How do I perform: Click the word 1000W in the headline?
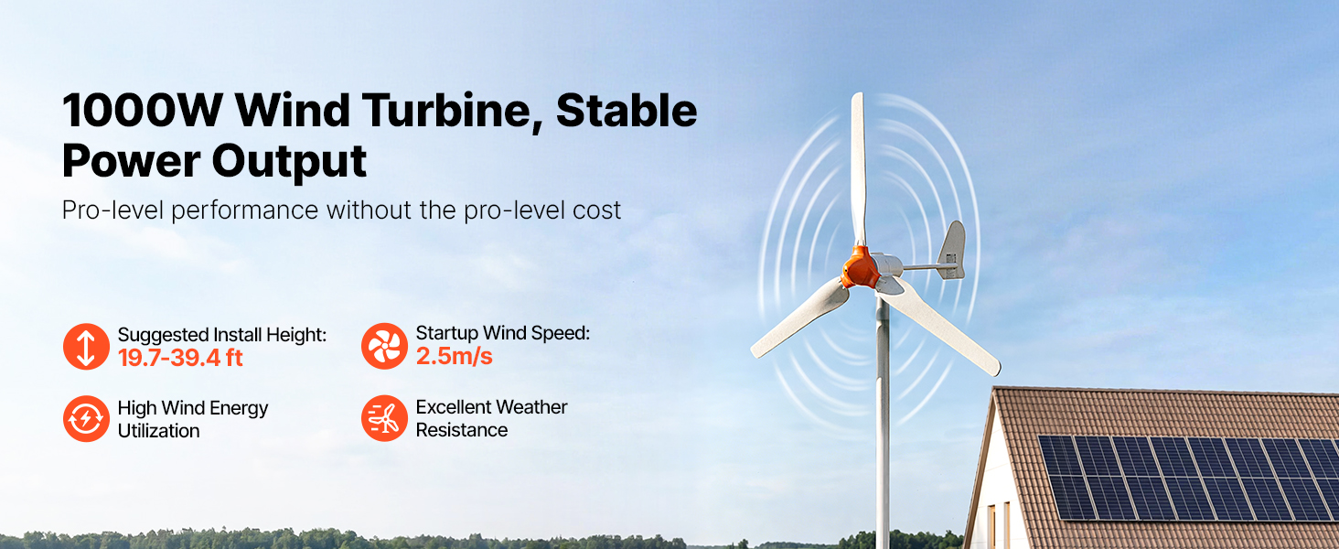click(143, 111)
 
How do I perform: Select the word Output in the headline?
click(289, 161)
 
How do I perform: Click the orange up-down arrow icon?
click(86, 346)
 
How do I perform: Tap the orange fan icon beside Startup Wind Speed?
click(384, 346)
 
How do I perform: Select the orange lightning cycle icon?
click(86, 419)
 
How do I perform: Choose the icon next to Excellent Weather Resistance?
click(384, 418)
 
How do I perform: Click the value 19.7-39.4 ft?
click(180, 358)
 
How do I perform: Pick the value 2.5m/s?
click(455, 356)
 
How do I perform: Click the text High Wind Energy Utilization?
click(192, 419)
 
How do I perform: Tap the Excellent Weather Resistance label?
click(491, 418)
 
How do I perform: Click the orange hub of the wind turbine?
click(861, 267)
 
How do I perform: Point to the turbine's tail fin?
click(951, 252)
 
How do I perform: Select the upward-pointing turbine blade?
click(859, 167)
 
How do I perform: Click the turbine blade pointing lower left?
click(799, 318)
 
